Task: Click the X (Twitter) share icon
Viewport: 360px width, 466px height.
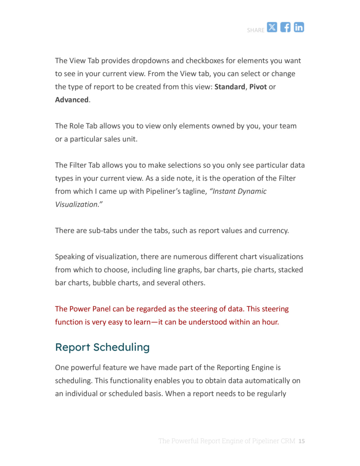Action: [x=272, y=27]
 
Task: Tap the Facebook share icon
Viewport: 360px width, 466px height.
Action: [x=285, y=27]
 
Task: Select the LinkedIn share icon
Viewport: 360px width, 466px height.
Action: [x=299, y=27]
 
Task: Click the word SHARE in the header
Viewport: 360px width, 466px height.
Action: [x=255, y=30]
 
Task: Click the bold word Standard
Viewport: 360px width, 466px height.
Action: [x=229, y=87]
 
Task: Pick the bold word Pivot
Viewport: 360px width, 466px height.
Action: [x=258, y=87]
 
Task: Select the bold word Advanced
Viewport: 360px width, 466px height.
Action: [x=72, y=100]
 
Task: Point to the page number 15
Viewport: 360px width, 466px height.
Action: [x=301, y=441]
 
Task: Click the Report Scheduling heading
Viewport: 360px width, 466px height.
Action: [x=102, y=347]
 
